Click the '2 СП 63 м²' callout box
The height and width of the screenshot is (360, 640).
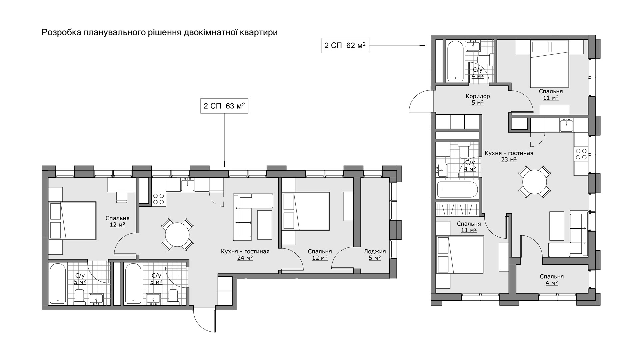[224, 106]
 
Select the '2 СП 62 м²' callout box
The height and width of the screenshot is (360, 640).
[345, 45]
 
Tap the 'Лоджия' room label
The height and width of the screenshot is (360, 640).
[375, 251]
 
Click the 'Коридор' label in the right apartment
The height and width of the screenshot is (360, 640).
[478, 96]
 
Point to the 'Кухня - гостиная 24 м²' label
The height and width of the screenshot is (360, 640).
[245, 254]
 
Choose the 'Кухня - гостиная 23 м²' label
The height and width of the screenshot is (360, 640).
[509, 156]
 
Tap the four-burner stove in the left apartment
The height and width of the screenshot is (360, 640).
[159, 199]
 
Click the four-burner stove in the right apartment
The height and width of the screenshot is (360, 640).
[581, 154]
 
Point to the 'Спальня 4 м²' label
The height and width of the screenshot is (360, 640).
[552, 279]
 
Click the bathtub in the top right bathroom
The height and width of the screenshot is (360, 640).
[455, 61]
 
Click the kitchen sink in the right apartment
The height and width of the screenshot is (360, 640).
[567, 126]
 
